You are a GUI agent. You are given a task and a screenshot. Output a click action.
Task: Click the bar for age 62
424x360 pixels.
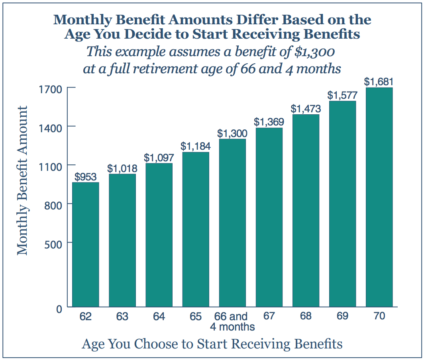click(x=85, y=245)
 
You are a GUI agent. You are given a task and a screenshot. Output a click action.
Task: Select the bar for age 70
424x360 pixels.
click(x=379, y=197)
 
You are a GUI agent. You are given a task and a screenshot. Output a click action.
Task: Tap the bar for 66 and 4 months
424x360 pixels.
click(x=232, y=223)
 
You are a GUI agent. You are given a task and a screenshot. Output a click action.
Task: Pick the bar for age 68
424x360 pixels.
click(x=306, y=211)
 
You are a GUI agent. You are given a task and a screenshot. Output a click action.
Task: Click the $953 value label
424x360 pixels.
click(x=85, y=177)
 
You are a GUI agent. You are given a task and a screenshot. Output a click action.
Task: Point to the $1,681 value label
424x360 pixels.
click(x=379, y=82)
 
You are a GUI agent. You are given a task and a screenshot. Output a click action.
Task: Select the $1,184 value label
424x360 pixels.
click(x=195, y=146)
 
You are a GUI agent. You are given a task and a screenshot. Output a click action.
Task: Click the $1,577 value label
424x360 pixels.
click(x=342, y=95)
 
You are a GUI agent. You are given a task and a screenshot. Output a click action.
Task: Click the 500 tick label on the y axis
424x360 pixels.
click(x=54, y=243)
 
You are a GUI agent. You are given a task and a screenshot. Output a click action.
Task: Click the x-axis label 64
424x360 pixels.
click(x=159, y=317)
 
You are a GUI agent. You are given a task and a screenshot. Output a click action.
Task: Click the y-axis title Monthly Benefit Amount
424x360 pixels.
click(x=22, y=180)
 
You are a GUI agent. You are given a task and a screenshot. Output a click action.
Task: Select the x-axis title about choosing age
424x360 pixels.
click(x=212, y=343)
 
